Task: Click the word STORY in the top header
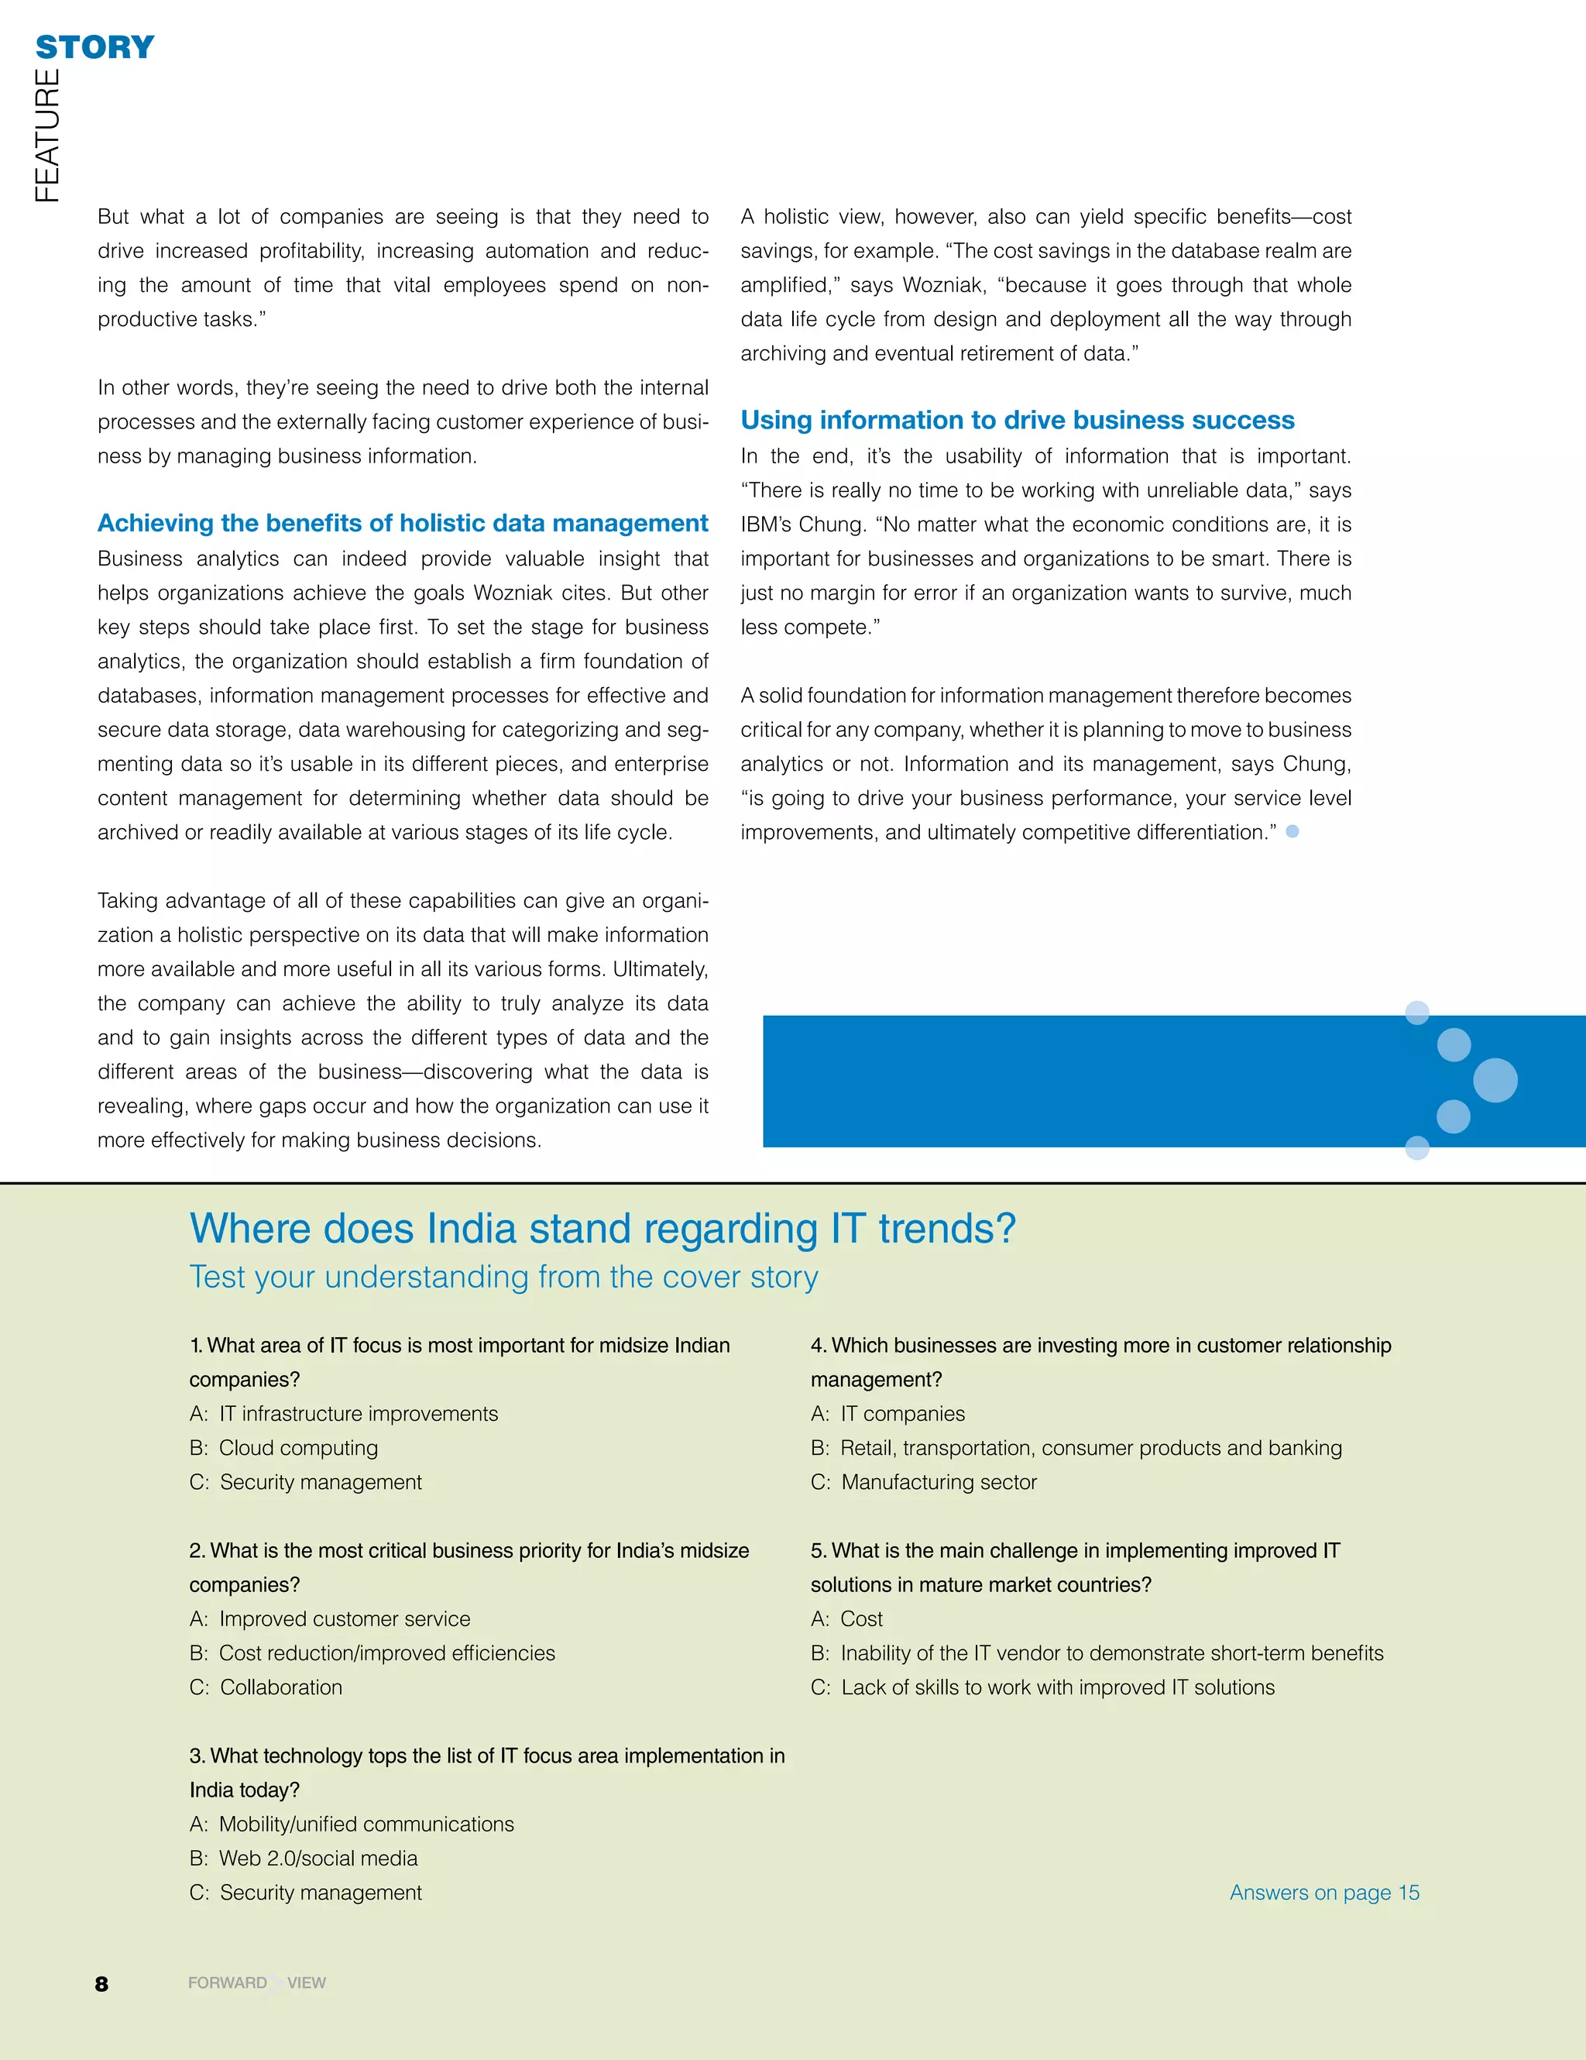pyautogui.click(x=94, y=47)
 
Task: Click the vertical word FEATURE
pyautogui.click(x=47, y=135)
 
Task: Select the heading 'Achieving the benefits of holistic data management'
pyautogui.click(x=403, y=524)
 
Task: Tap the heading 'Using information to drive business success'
pyautogui.click(x=1018, y=421)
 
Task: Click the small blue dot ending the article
pyautogui.click(x=1292, y=831)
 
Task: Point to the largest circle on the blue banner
pyautogui.click(x=1495, y=1080)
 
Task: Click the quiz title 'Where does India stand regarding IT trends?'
pyautogui.click(x=602, y=1229)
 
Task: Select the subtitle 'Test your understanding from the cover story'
pyautogui.click(x=503, y=1277)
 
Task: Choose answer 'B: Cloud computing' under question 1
pyautogui.click(x=283, y=1448)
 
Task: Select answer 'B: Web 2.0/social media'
pyautogui.click(x=304, y=1858)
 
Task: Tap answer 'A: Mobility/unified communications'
pyautogui.click(x=352, y=1824)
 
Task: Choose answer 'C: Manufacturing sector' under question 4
pyautogui.click(x=923, y=1483)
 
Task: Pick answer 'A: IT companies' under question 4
pyautogui.click(x=887, y=1414)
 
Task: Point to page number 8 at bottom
pyautogui.click(x=102, y=1983)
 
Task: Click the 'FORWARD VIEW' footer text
pyautogui.click(x=256, y=1983)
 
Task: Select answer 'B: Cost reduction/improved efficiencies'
pyautogui.click(x=372, y=1653)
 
